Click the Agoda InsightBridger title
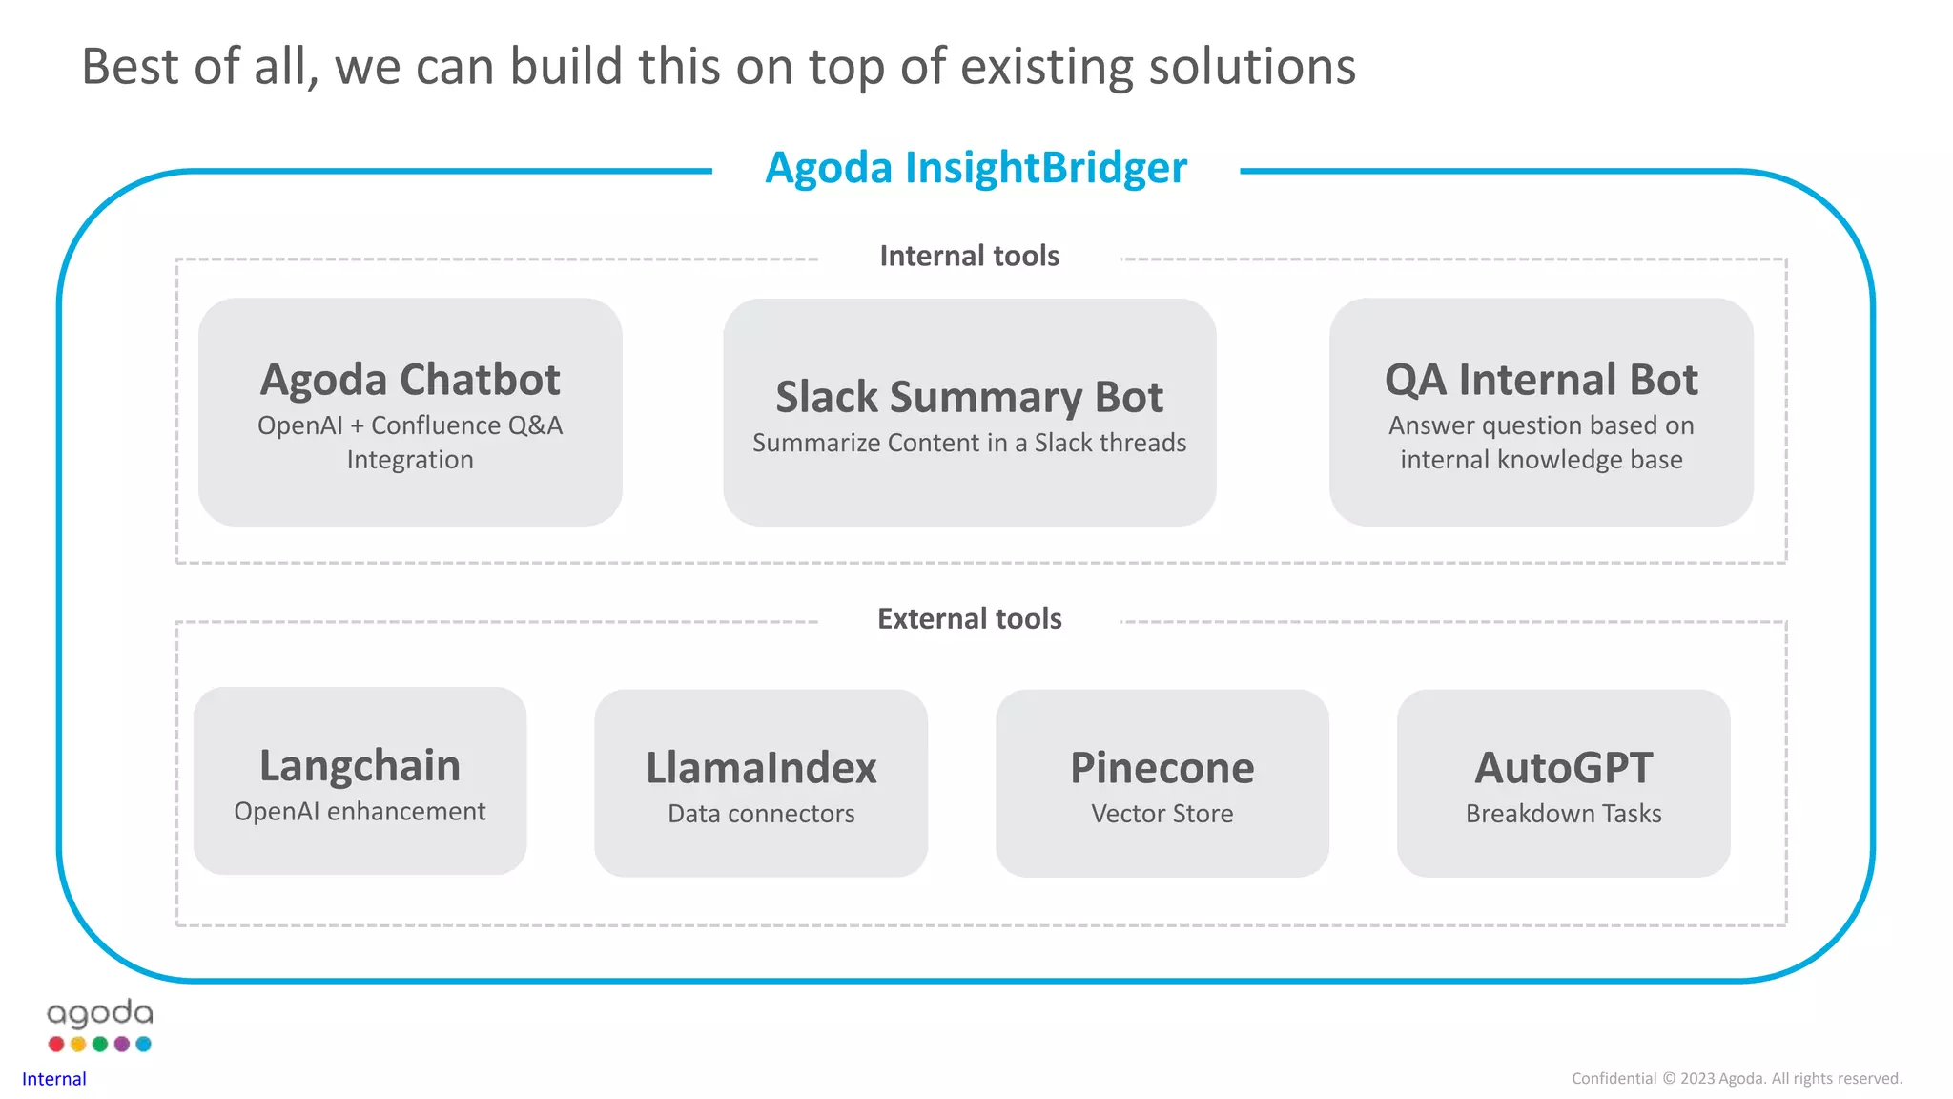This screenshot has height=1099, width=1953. pyautogui.click(x=976, y=168)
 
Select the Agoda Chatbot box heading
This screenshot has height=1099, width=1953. pyautogui.click(x=410, y=380)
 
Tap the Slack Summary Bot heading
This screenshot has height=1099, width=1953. pyautogui.click(x=969, y=397)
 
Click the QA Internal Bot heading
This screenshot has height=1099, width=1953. pyautogui.click(x=1541, y=380)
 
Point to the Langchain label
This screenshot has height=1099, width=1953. pyautogui.click(x=360, y=766)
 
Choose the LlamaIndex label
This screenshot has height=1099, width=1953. pyautogui.click(x=761, y=768)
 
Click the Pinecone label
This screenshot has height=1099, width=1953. pyautogui.click(x=1162, y=768)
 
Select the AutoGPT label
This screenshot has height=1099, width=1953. pyautogui.click(x=1563, y=768)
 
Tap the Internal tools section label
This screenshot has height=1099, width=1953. pyautogui.click(x=969, y=256)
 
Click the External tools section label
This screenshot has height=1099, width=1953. pyautogui.click(x=969, y=618)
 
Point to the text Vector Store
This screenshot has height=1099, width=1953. pyautogui.click(x=1162, y=814)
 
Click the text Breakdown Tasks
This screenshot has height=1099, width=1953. pyautogui.click(x=1563, y=814)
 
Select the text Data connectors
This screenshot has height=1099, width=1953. pyautogui.click(x=761, y=814)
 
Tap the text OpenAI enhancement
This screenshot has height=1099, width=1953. pyautogui.click(x=360, y=812)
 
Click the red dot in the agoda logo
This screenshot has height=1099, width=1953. pyautogui.click(x=56, y=1044)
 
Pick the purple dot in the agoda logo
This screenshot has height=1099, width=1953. pyautogui.click(x=122, y=1044)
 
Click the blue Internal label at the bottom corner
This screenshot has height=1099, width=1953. pyautogui.click(x=54, y=1079)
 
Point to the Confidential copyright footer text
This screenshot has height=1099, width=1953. pyautogui.click(x=1737, y=1078)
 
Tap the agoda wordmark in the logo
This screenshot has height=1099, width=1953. pyautogui.click(x=100, y=1014)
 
